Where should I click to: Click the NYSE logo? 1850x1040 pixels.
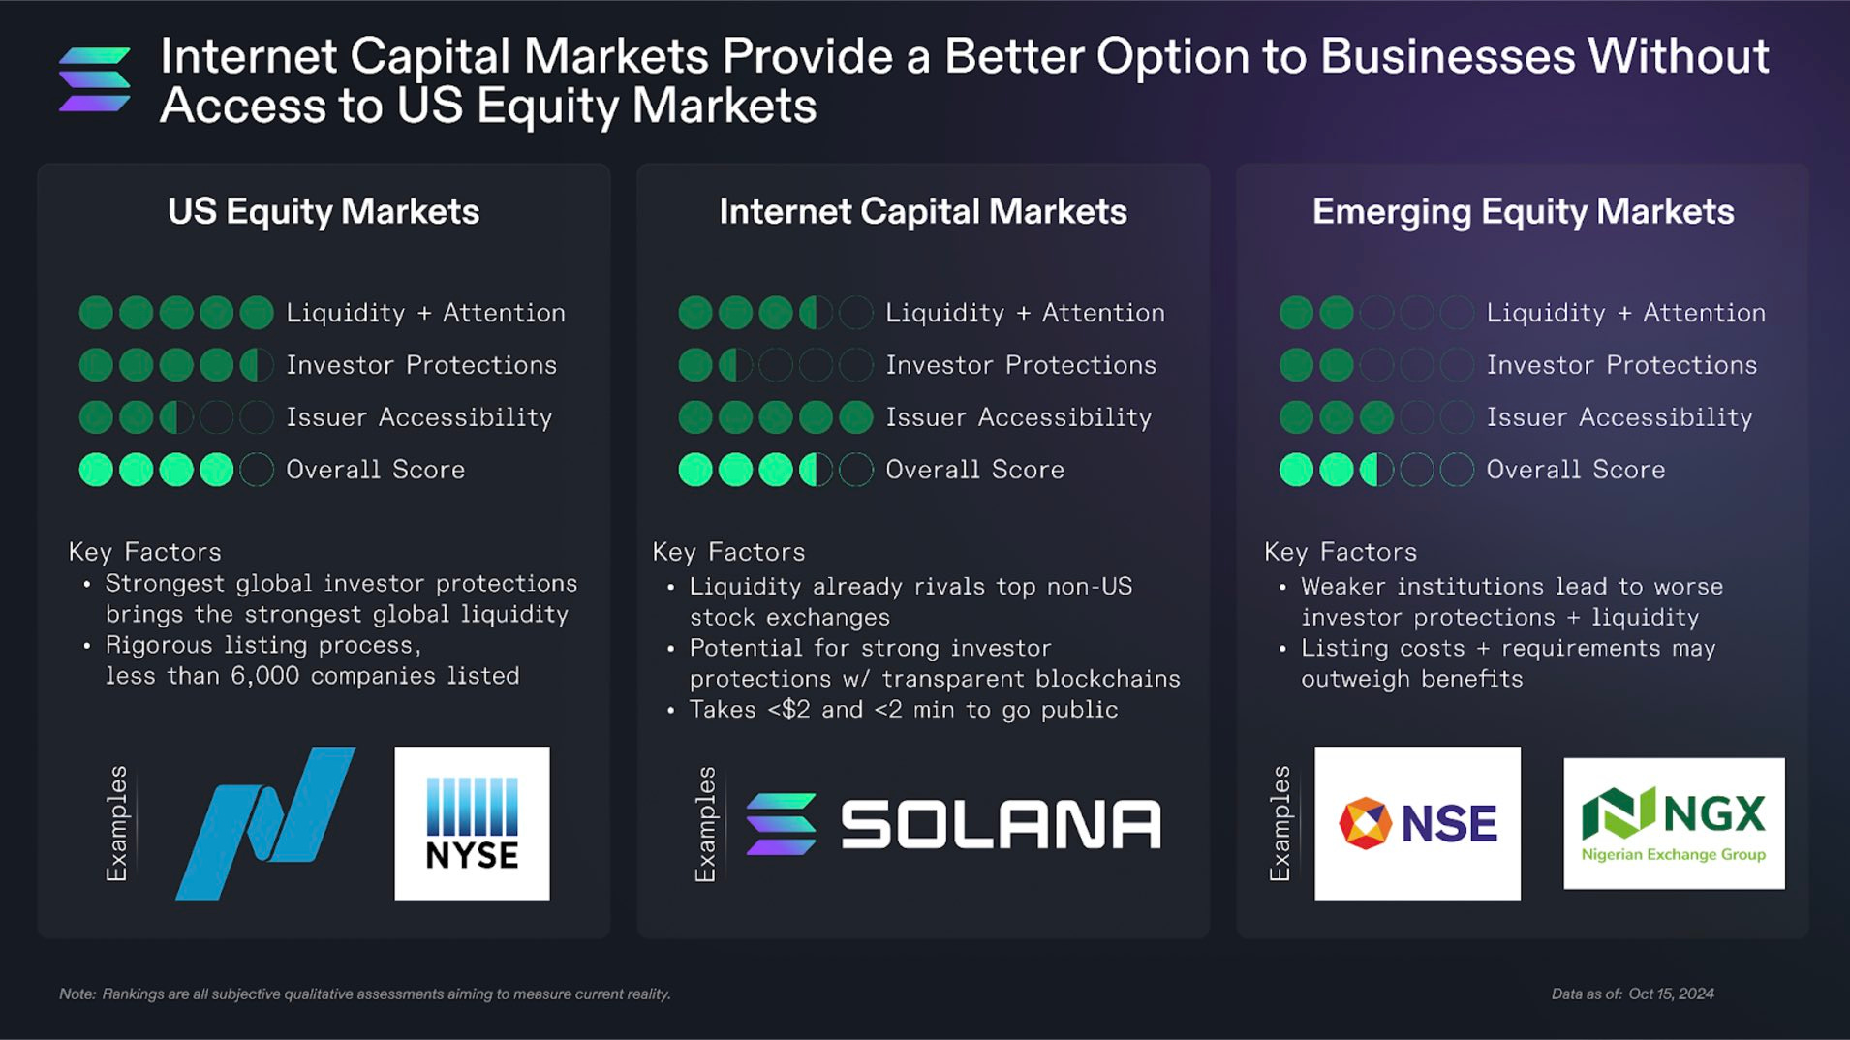(x=472, y=823)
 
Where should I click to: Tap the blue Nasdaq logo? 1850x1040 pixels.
(x=265, y=823)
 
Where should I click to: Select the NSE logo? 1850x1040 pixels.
(x=1417, y=823)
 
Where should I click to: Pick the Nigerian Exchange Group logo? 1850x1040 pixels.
(x=1674, y=823)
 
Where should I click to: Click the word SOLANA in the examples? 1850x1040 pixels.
(x=1000, y=825)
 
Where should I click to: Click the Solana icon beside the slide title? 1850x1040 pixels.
(x=95, y=79)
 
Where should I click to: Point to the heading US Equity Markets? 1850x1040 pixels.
(x=324, y=212)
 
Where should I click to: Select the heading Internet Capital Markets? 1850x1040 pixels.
(x=923, y=212)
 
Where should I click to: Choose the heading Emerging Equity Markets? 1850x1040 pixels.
(x=1523, y=212)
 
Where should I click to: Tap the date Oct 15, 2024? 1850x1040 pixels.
(x=1671, y=994)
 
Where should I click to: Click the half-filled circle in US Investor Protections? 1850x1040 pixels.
(x=257, y=365)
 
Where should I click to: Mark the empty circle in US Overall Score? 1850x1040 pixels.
(x=257, y=470)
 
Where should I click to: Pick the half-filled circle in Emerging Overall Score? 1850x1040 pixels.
(x=1376, y=470)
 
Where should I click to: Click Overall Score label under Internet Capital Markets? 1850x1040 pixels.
(x=974, y=470)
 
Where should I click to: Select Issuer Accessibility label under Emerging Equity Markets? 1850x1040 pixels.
(x=1619, y=417)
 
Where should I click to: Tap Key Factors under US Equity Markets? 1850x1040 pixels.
(x=145, y=552)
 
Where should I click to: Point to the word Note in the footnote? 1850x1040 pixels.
(x=77, y=994)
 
